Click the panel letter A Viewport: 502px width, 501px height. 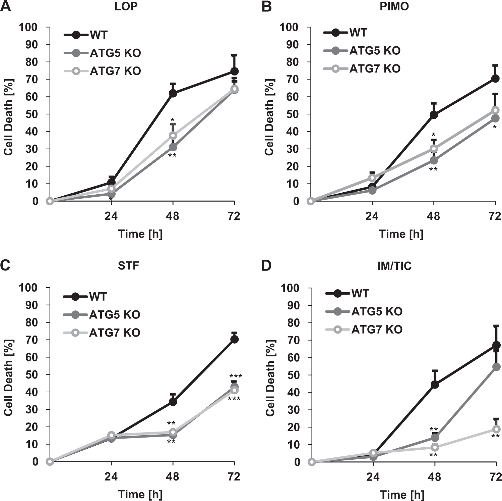(6, 6)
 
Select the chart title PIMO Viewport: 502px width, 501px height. (394, 6)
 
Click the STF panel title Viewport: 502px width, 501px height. (128, 266)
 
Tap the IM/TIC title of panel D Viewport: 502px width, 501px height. (394, 266)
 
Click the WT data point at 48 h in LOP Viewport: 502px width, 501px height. (173, 93)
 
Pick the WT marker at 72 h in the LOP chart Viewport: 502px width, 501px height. (234, 71)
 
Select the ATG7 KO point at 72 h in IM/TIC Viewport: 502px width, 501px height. (496, 429)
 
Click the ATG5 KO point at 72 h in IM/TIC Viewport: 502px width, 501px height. (496, 367)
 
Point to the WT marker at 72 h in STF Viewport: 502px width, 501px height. (234, 340)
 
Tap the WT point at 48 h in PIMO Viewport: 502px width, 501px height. (434, 115)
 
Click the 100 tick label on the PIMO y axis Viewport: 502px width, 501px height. (289, 27)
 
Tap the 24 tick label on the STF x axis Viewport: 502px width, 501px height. (111, 477)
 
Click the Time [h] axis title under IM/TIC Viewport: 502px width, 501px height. (402, 494)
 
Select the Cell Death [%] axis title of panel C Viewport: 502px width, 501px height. (8, 378)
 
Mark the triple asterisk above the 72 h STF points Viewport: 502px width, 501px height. (236, 377)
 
